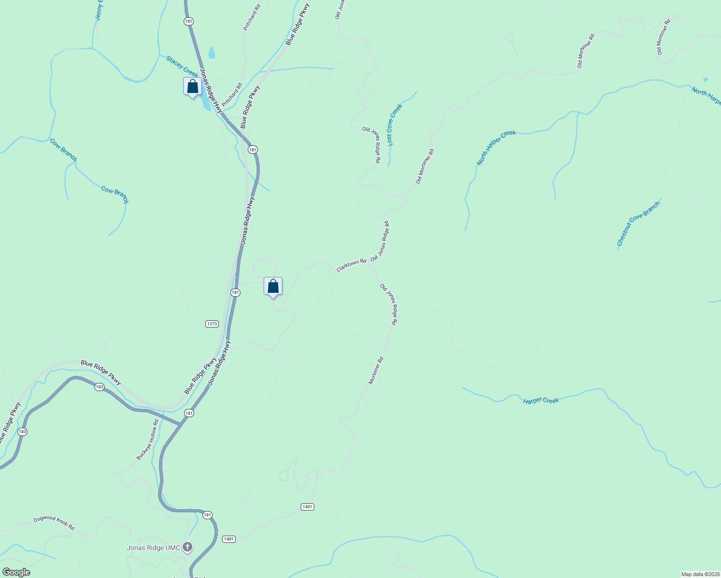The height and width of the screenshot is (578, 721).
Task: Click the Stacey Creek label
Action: tap(182, 66)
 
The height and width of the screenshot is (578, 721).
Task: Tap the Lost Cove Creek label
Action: tap(395, 125)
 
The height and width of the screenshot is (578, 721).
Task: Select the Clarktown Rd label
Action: tap(351, 265)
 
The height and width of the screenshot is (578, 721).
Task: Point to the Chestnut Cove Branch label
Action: tap(638, 224)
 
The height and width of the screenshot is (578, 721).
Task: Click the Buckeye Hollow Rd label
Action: tap(147, 440)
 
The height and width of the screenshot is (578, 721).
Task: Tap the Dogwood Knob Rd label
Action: tap(54, 523)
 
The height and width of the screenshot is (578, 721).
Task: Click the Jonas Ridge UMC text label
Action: tap(153, 548)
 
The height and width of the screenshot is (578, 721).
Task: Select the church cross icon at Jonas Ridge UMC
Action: tap(187, 547)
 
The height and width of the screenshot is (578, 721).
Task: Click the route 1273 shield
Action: tap(212, 324)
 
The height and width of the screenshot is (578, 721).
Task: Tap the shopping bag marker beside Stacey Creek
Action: tap(192, 87)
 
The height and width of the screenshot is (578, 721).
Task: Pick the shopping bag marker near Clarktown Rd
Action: tap(273, 287)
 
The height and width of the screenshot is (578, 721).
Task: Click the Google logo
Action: tap(16, 572)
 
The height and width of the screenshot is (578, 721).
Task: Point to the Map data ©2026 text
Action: tap(700, 574)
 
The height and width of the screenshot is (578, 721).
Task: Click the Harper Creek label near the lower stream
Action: tap(541, 400)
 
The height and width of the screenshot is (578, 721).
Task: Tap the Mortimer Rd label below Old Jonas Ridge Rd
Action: tap(376, 370)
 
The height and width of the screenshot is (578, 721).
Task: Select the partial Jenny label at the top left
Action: tap(99, 10)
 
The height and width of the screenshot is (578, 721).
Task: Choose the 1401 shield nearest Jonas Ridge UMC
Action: tap(229, 539)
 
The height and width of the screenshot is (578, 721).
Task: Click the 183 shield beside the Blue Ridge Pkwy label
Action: tap(99, 387)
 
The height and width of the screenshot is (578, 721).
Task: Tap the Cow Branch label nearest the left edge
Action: tap(63, 150)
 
